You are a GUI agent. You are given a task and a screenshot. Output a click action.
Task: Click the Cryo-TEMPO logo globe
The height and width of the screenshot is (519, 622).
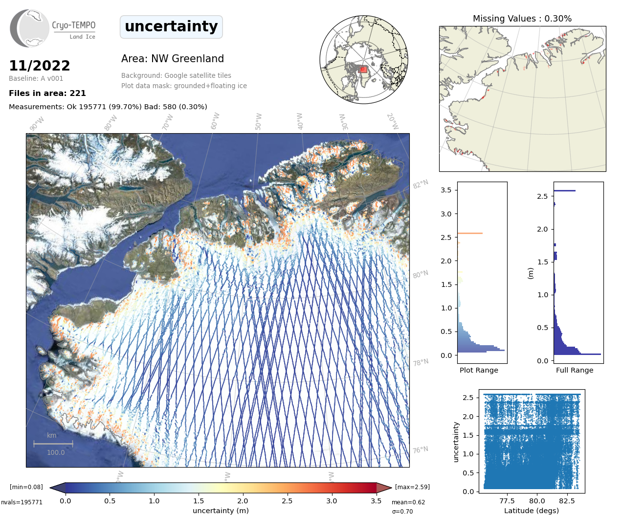click(x=30, y=28)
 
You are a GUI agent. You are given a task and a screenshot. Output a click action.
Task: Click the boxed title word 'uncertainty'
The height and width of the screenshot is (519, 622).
click(x=171, y=26)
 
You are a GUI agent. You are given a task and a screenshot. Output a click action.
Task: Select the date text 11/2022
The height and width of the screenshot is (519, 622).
click(x=40, y=66)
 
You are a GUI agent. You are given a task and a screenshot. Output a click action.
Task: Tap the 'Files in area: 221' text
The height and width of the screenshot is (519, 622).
click(x=47, y=93)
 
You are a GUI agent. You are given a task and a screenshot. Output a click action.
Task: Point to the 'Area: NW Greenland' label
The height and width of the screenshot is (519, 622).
click(x=173, y=59)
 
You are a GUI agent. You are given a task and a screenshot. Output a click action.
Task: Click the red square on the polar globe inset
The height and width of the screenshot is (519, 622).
click(x=363, y=70)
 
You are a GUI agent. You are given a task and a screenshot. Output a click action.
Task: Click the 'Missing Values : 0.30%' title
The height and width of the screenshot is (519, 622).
click(x=522, y=19)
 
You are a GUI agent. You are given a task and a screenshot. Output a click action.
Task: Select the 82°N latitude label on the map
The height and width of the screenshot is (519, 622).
click(x=420, y=184)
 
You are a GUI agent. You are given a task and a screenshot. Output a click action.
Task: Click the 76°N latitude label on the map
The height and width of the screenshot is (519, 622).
click(x=420, y=450)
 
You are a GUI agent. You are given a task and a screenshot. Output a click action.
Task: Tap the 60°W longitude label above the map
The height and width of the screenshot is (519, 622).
click(x=215, y=121)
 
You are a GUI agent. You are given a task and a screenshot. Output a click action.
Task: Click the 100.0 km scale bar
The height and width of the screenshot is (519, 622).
click(x=53, y=444)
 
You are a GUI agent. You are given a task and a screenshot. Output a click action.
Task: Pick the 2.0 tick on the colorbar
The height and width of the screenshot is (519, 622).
click(x=243, y=501)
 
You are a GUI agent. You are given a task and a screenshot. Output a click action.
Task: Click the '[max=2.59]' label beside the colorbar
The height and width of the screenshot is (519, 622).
click(x=412, y=487)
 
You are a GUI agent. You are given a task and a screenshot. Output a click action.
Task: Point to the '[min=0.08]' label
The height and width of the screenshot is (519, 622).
click(x=26, y=487)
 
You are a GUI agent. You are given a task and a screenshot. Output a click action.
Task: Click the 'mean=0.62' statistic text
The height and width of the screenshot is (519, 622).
click(x=408, y=502)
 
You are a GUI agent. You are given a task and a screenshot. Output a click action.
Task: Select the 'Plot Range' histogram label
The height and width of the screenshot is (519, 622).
click(x=479, y=370)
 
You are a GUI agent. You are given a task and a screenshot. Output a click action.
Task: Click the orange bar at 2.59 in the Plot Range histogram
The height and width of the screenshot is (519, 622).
click(x=470, y=233)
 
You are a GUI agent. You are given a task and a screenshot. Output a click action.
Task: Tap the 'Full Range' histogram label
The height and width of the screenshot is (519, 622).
click(x=575, y=370)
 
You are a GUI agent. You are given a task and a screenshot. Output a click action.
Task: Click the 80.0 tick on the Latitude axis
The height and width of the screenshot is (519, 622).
click(x=537, y=501)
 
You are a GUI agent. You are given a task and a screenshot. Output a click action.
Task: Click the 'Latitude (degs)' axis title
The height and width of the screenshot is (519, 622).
click(x=532, y=511)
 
